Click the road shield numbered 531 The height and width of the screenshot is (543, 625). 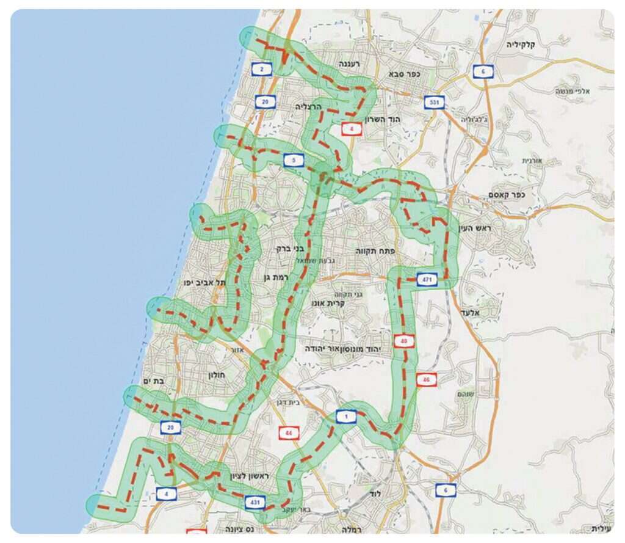click(x=435, y=101)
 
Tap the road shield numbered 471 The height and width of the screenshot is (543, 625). click(x=426, y=280)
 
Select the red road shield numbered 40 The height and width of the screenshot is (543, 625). click(x=404, y=341)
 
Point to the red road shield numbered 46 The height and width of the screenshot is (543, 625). click(x=426, y=379)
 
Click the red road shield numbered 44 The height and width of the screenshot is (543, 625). click(x=289, y=433)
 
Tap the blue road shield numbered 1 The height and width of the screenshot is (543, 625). click(x=346, y=417)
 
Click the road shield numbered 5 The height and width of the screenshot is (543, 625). click(x=294, y=161)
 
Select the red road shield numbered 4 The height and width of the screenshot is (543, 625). click(x=352, y=129)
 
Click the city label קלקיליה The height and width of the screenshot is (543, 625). click(x=524, y=45)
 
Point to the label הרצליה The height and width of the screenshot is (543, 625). click(x=308, y=106)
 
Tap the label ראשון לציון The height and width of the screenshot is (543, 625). click(x=227, y=476)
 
